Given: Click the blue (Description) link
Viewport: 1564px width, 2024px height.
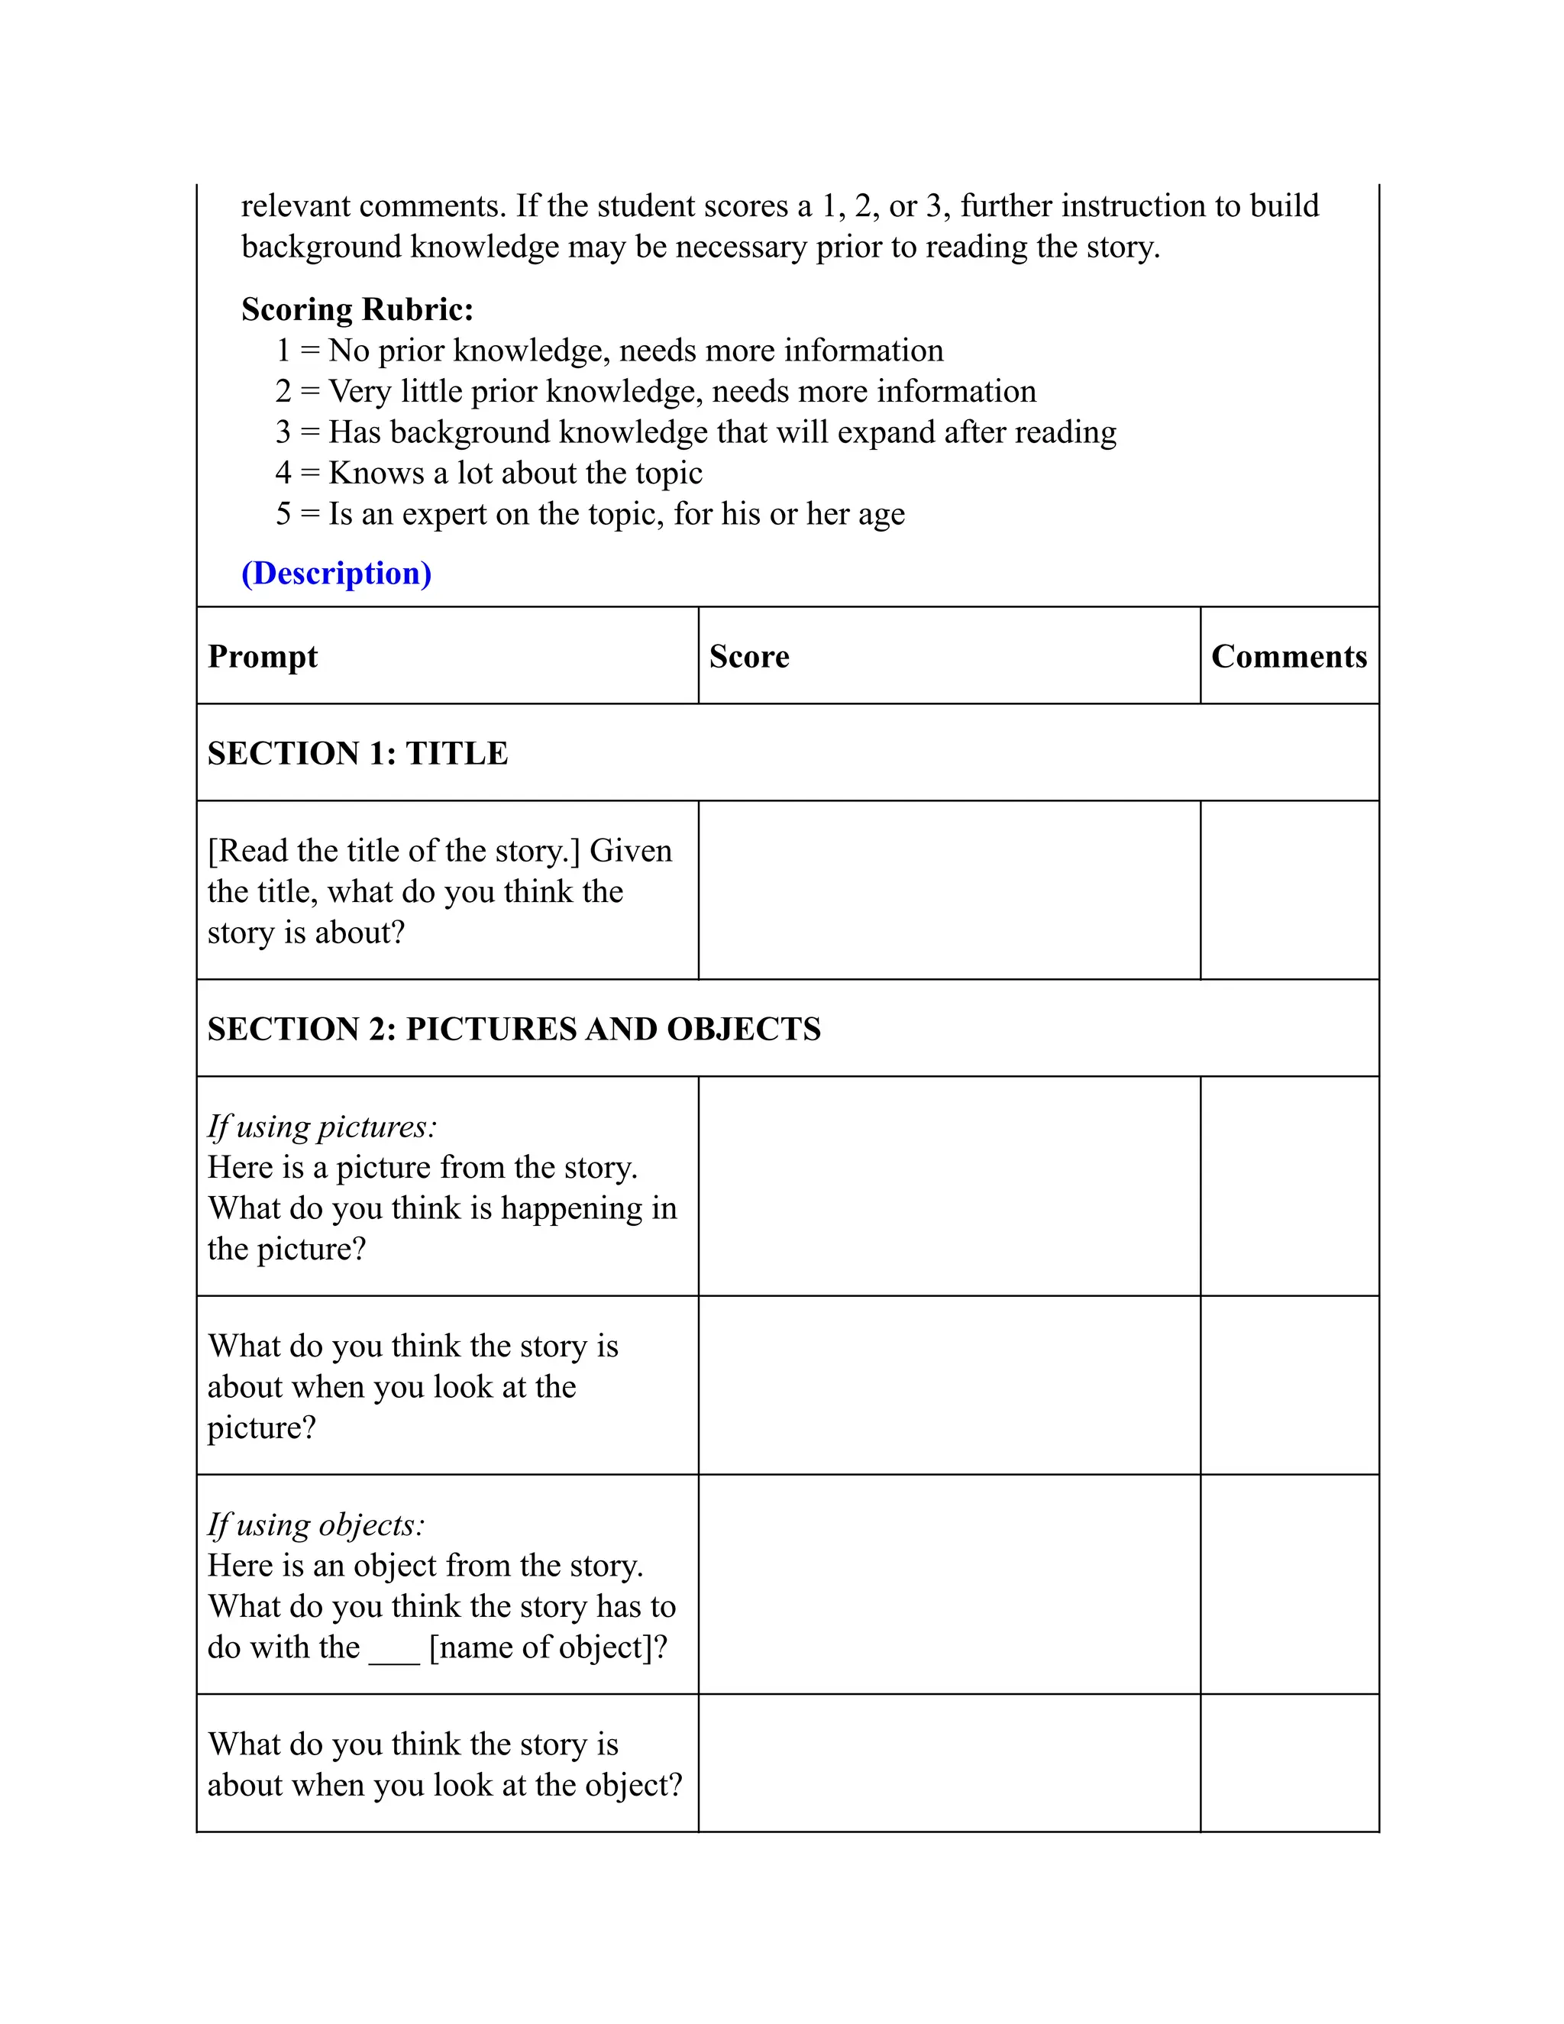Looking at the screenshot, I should tap(336, 574).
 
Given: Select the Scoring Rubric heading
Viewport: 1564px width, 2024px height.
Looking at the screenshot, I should tap(357, 309).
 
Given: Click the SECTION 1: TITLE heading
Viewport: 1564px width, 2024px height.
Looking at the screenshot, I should tap(357, 753).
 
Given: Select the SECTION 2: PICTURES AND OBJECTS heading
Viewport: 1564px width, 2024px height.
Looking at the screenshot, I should tap(513, 1030).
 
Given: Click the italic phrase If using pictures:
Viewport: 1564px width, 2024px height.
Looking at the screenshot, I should tap(322, 1127).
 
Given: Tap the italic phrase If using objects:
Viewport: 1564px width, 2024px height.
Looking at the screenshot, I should tap(316, 1525).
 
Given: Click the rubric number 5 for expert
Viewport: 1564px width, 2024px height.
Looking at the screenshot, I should tap(283, 514).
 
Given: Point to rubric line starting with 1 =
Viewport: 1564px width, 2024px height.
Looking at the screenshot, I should tap(609, 351).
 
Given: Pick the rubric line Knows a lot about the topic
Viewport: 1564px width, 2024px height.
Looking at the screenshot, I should tap(515, 474).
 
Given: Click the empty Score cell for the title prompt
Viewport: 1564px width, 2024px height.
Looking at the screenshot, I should tap(948, 890).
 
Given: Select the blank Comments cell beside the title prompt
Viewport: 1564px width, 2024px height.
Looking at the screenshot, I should tap(1289, 890).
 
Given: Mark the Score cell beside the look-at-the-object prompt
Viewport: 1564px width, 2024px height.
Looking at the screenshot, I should tap(948, 1764).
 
